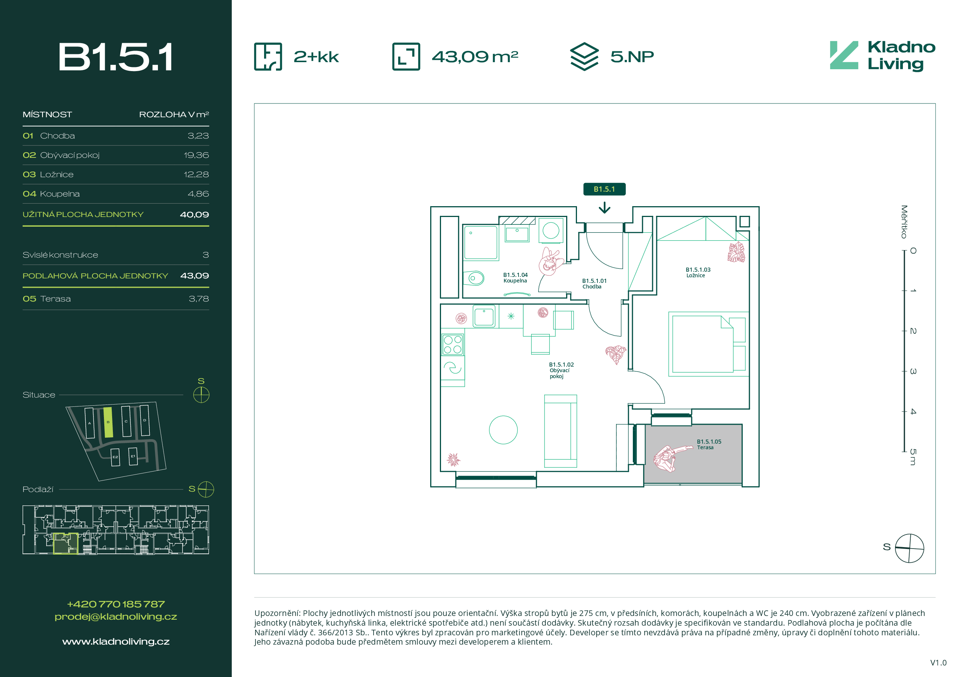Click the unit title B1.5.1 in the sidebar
pyautogui.click(x=115, y=57)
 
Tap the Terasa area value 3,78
pyautogui.click(x=199, y=298)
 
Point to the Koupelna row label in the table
pyautogui.click(x=60, y=194)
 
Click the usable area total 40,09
pyautogui.click(x=194, y=214)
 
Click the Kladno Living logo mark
pyautogui.click(x=844, y=55)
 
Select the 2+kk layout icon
pyautogui.click(x=268, y=56)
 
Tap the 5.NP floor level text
pyautogui.click(x=632, y=56)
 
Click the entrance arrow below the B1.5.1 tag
pyautogui.click(x=605, y=207)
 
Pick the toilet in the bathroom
pyautogui.click(x=474, y=278)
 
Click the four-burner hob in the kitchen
pyautogui.click(x=453, y=344)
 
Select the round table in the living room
pyautogui.click(x=503, y=430)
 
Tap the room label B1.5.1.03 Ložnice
pyautogui.click(x=698, y=272)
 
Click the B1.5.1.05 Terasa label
pyautogui.click(x=709, y=444)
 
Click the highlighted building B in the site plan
pyautogui.click(x=108, y=422)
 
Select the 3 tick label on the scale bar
pyautogui.click(x=913, y=371)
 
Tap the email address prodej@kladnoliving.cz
pyautogui.click(x=115, y=617)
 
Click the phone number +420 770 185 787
pyautogui.click(x=115, y=604)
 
